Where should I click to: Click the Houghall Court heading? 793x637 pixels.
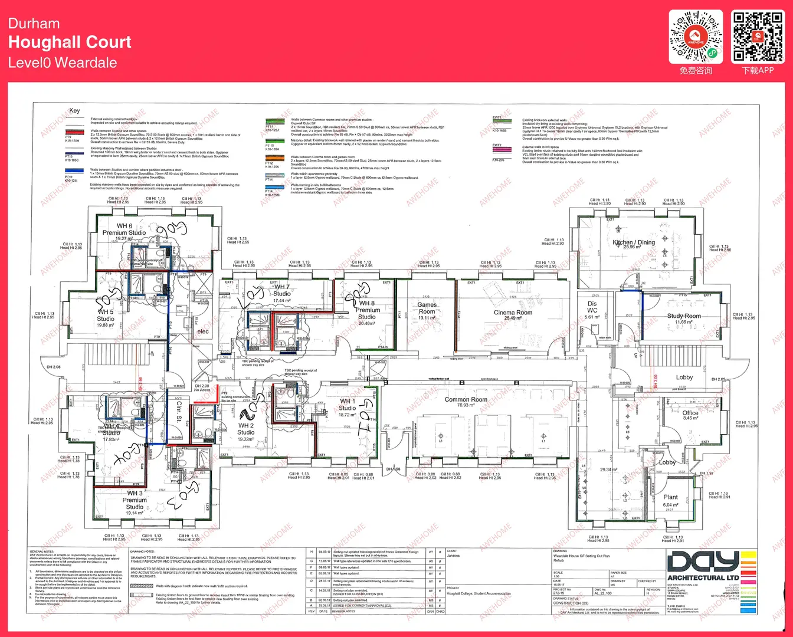70,42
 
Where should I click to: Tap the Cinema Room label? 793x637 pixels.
513,313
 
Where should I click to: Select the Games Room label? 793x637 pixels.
427,308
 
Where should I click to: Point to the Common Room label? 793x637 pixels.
466,400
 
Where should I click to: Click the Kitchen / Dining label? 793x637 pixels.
634,242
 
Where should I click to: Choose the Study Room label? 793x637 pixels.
684,316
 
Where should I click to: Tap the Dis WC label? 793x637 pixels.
592,307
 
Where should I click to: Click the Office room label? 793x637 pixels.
690,413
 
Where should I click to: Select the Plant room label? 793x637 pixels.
670,497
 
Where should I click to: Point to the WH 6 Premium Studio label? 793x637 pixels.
124,229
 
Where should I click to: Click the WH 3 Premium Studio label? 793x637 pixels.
135,500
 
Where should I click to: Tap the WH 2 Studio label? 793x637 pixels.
246,429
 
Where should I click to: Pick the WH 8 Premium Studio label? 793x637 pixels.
367,310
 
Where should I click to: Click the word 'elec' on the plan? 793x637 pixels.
202,331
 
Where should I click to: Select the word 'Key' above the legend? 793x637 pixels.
74,111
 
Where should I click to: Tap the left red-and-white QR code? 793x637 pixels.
696,37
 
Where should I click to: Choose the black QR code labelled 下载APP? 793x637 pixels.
758,37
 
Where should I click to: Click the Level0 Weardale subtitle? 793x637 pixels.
63,63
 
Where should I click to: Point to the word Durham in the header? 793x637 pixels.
34,24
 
